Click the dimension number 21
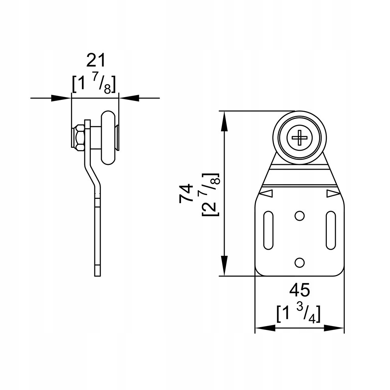click(96, 60)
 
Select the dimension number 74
click(186, 194)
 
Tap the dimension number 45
click(300, 290)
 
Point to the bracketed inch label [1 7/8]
click(94, 84)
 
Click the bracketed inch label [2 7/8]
click(211, 194)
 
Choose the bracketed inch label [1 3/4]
click(298, 314)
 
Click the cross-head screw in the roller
click(300, 137)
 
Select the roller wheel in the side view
click(108, 138)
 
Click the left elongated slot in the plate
click(268, 230)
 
